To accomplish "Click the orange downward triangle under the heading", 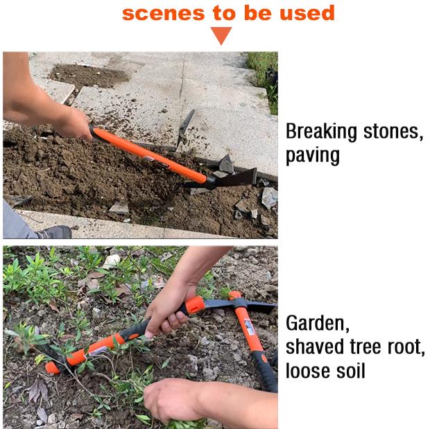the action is (x=221, y=35).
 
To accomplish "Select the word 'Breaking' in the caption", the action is (x=321, y=132).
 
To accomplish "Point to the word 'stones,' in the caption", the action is (x=393, y=132).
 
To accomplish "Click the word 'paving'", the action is (x=313, y=156).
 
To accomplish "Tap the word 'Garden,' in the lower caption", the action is (x=318, y=324).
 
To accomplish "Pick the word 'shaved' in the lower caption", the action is (x=316, y=347).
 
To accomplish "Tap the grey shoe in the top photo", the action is (x=54, y=232).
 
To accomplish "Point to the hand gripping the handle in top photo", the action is (x=73, y=123).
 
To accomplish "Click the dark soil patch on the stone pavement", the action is (x=88, y=76).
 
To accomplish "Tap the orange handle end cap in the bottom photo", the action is (x=52, y=367).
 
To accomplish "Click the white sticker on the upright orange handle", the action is (x=249, y=326).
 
